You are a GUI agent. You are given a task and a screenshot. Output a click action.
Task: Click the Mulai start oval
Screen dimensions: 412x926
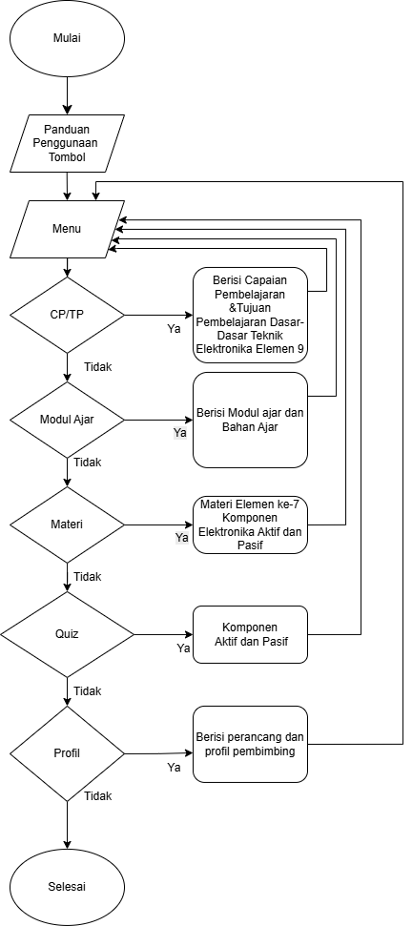[68, 39]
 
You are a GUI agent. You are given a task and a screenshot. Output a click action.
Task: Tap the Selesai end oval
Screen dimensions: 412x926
[68, 887]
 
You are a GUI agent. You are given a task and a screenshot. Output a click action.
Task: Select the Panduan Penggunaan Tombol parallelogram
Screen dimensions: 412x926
[68, 143]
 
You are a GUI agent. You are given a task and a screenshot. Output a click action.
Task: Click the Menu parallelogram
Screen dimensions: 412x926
[68, 229]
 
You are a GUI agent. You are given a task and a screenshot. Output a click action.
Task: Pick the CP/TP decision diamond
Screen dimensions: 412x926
[68, 316]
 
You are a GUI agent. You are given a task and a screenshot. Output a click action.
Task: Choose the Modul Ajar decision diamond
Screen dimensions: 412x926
[68, 420]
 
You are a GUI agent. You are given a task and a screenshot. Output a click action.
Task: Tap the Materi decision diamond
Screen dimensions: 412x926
[68, 525]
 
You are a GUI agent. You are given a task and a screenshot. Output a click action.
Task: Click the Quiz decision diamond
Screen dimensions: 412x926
[68, 634]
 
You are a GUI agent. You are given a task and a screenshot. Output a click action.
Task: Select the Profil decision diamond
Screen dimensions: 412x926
[68, 753]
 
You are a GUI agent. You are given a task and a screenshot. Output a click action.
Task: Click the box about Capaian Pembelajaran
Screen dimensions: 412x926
[251, 315]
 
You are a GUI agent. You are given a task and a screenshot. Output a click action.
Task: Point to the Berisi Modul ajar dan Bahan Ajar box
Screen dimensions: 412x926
[251, 420]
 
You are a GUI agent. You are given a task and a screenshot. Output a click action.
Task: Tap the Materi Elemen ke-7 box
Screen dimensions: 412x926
[251, 525]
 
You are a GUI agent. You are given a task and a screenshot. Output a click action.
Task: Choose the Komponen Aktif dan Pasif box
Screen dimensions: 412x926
[251, 634]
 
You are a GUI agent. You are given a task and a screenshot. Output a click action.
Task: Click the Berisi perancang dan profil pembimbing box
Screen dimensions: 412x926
[251, 744]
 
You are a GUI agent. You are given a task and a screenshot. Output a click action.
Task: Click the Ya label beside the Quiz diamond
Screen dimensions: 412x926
[183, 648]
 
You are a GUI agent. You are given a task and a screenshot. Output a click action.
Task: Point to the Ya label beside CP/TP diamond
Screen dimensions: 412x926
[174, 329]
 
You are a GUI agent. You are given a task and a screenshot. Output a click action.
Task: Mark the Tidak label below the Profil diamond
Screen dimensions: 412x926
[98, 796]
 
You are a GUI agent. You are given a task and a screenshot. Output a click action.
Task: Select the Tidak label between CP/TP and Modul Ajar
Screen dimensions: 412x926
[98, 367]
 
